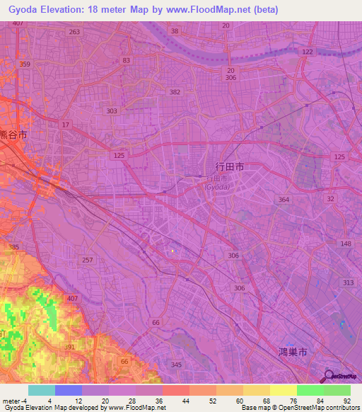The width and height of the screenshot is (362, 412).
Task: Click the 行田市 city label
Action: point(230,167)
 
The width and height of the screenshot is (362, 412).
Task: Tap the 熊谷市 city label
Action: point(13,134)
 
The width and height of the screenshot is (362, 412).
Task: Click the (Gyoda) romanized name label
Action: point(217,187)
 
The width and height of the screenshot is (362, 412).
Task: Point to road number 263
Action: point(74,32)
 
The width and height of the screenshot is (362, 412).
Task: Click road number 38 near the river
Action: point(175,31)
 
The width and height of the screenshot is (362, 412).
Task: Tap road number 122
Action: point(306,52)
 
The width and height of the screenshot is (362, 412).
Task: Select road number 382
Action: point(175,92)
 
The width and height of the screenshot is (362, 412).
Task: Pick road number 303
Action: point(112,111)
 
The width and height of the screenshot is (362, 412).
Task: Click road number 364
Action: point(284,200)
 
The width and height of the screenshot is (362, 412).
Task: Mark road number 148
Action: point(346,244)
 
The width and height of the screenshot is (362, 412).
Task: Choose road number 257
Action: point(88,261)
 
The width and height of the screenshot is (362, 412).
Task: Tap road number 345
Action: point(176,365)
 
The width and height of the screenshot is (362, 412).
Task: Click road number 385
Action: point(13,247)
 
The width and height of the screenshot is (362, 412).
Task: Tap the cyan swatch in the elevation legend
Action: point(41,390)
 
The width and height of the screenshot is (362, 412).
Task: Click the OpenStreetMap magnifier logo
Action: point(327,377)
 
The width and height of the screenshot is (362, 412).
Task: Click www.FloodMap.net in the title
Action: point(214,10)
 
